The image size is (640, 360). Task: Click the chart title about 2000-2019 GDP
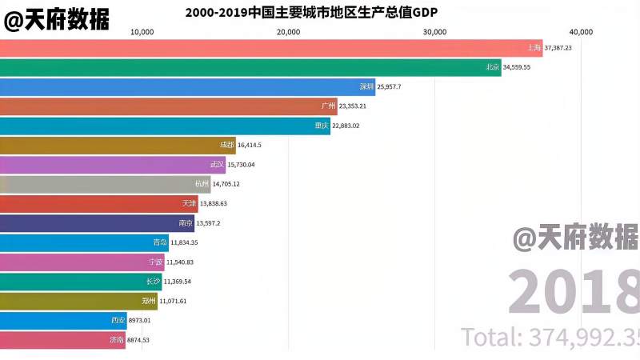(x=311, y=12)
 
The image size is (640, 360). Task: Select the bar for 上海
(x=271, y=49)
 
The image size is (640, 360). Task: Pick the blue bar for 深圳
(x=188, y=87)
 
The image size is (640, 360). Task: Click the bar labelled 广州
(x=169, y=106)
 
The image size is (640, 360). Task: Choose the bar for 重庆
(x=165, y=126)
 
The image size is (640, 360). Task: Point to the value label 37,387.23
(x=570, y=49)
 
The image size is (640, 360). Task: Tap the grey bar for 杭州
(x=105, y=185)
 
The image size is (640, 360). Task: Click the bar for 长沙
(x=81, y=282)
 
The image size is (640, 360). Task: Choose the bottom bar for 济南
(x=62, y=340)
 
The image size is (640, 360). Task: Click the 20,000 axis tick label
(x=288, y=32)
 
